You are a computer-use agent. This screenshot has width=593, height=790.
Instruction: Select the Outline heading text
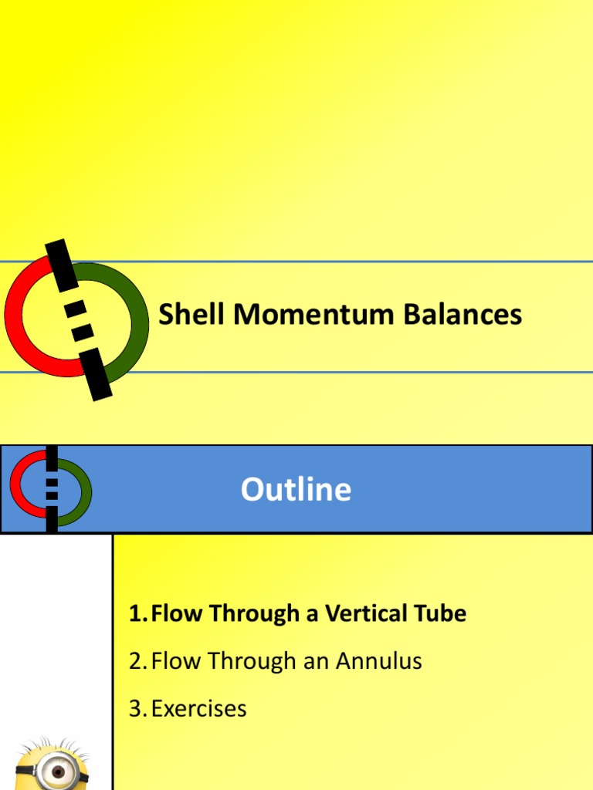coord(296,490)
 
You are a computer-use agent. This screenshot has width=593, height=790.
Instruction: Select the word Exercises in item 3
coord(199,708)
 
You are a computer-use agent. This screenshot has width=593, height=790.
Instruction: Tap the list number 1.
coord(136,614)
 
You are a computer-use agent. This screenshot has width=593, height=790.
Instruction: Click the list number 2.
coord(137,661)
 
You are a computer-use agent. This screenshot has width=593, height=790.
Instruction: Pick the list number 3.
coord(137,708)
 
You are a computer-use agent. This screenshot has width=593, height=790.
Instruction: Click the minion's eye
coord(57,771)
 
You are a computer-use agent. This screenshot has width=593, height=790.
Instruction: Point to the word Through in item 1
coord(247,614)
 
